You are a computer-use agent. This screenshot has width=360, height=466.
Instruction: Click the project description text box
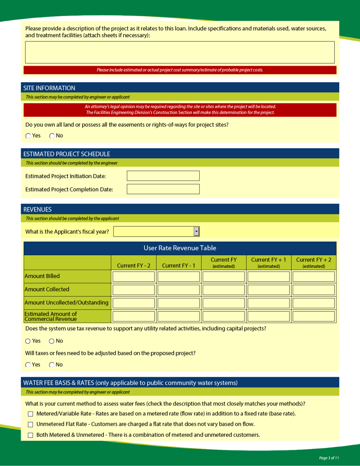(180, 52)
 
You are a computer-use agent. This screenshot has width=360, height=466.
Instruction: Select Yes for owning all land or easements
(28, 136)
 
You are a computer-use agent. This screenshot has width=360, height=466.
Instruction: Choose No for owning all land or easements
(52, 136)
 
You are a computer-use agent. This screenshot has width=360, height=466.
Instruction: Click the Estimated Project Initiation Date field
(163, 176)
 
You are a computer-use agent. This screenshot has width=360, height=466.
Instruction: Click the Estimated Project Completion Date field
(163, 189)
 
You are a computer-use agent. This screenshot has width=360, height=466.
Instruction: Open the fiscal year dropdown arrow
(196, 231)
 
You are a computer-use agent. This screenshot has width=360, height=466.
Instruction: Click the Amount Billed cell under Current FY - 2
(133, 276)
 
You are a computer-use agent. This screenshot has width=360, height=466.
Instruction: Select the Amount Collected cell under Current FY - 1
(178, 290)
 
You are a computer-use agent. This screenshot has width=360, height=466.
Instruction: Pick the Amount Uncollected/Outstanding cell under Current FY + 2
(313, 303)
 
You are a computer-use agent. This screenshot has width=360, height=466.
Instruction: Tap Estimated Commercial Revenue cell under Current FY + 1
(268, 316)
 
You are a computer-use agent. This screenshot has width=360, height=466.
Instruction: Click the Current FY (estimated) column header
(224, 262)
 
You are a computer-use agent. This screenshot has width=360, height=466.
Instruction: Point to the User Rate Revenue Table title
(180, 248)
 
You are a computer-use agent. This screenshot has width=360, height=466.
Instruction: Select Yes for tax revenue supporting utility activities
(28, 341)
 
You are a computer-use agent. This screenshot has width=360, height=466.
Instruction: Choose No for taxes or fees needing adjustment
(52, 365)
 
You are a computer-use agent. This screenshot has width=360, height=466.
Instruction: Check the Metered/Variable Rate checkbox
(31, 414)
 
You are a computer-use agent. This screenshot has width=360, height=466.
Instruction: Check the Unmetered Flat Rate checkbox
(31, 424)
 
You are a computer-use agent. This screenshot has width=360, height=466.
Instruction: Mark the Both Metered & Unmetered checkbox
(31, 435)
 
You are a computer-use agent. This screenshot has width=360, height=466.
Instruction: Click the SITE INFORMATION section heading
(49, 88)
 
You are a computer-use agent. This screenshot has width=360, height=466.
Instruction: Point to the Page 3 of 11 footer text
(329, 458)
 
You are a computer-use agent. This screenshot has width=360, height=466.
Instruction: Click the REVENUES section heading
(38, 209)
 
